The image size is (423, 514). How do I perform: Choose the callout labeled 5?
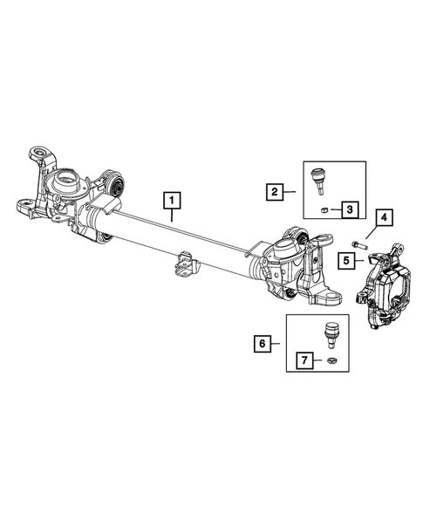[345, 259]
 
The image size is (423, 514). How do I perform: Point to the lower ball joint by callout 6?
[331, 332]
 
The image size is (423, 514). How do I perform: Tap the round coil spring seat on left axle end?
[65, 186]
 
